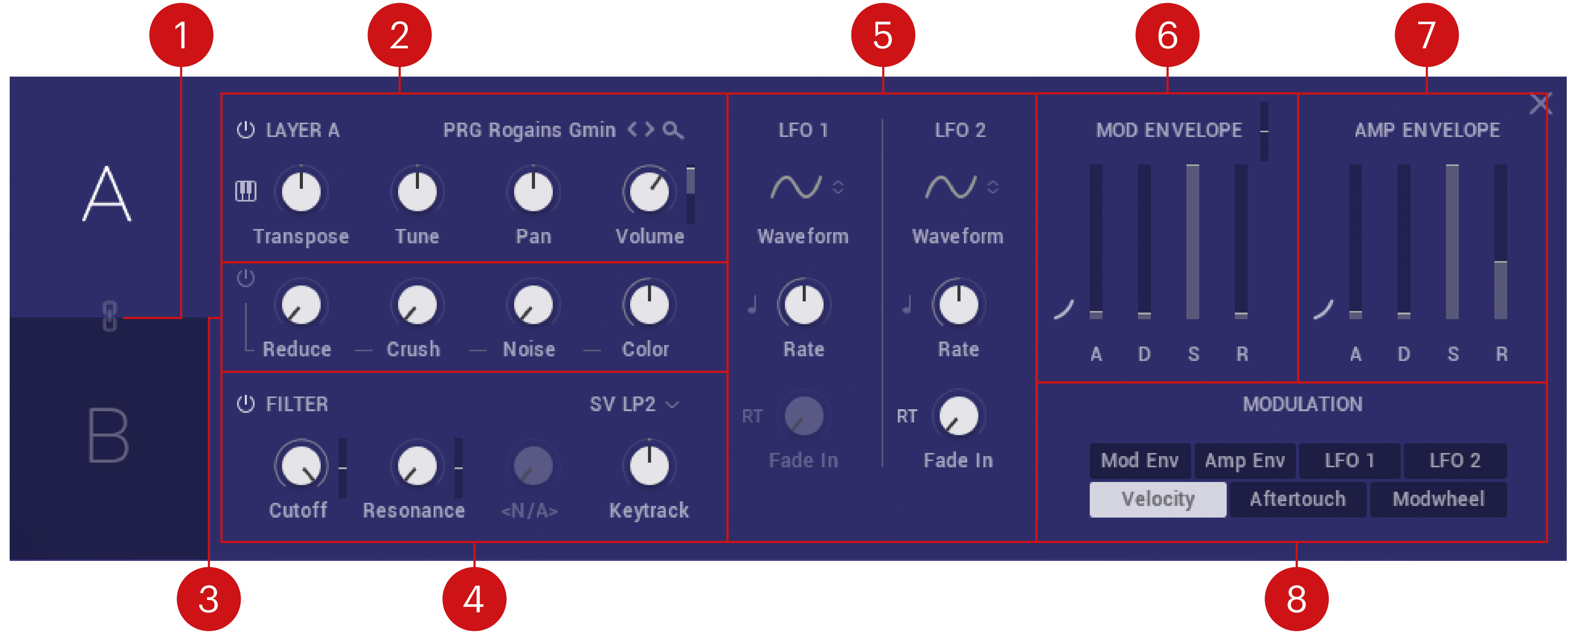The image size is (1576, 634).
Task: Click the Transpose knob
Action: [x=301, y=191]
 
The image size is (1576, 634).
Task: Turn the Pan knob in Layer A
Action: [x=533, y=191]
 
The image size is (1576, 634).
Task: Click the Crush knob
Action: [x=417, y=305]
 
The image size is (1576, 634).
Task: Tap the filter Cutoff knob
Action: [x=301, y=465]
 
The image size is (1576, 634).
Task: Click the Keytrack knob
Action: [x=649, y=465]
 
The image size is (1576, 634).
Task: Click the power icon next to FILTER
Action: [x=245, y=404]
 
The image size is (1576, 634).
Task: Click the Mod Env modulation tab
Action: [x=1140, y=460]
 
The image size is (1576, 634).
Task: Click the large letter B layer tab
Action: [x=108, y=436]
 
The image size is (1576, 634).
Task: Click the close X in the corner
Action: [x=1540, y=104]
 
